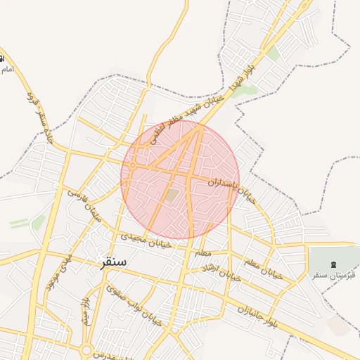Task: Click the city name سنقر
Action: [114, 262]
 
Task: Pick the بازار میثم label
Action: [85, 310]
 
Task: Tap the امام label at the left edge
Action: [7, 69]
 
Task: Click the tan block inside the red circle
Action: [172, 195]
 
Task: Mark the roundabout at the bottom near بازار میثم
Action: [86, 349]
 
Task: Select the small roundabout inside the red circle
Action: [132, 165]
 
